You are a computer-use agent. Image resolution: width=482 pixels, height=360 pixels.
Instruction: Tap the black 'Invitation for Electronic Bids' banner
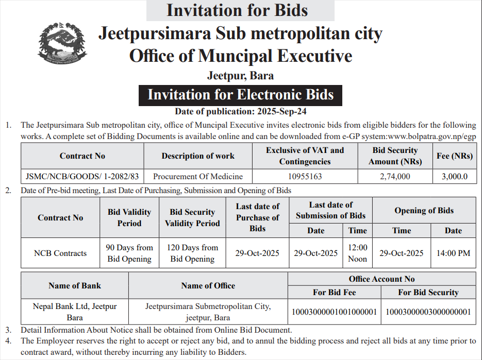pos(240,95)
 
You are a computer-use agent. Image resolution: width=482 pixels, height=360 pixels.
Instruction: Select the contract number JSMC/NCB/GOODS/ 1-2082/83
pos(82,176)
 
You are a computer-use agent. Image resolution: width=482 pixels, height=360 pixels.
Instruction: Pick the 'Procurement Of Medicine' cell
pos(198,176)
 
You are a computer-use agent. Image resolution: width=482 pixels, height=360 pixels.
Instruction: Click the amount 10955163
pos(305,176)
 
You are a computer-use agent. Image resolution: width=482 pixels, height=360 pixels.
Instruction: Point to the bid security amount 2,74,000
pos(395,176)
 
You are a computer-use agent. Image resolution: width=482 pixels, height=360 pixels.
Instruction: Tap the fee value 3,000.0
pos(455,176)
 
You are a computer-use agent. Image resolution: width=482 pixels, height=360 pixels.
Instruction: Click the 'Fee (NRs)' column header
pos(455,156)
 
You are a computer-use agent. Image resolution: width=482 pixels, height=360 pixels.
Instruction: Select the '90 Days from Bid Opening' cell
pos(129,253)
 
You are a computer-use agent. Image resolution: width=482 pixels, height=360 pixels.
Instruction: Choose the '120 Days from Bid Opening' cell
pos(192,253)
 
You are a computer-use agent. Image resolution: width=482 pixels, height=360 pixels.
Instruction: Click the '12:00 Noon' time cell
pos(357,253)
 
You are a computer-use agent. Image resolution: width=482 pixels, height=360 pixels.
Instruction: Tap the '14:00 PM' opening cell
pos(453,253)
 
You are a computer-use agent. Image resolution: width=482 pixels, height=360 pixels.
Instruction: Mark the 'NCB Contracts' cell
pos(60,253)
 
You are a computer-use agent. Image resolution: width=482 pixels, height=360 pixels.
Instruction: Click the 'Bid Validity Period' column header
pos(129,217)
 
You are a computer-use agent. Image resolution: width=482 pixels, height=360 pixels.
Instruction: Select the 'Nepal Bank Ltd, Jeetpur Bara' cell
pos(75,312)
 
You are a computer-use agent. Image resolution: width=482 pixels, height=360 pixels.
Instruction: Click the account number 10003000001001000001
pos(335,312)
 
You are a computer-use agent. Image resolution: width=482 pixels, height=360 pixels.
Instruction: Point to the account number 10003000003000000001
pos(428,312)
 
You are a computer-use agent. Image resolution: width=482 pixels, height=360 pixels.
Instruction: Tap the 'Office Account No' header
pos(381,279)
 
